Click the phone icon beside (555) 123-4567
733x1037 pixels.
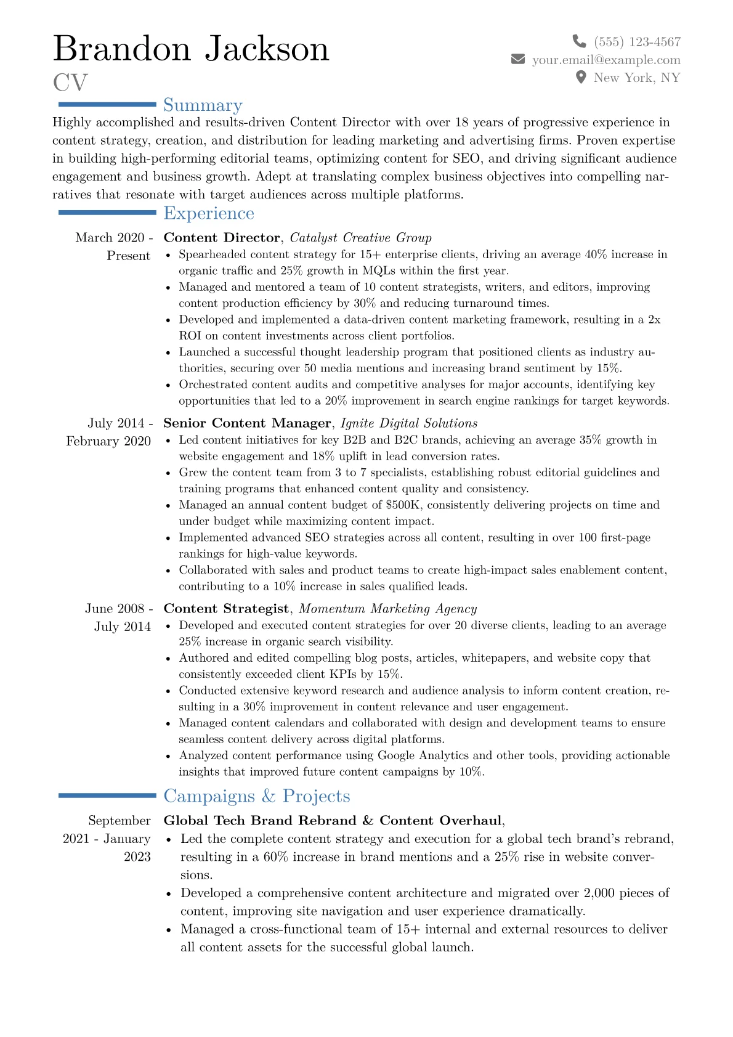click(579, 41)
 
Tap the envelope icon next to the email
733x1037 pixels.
click(518, 59)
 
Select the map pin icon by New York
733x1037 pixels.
click(580, 78)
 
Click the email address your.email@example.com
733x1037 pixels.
click(606, 60)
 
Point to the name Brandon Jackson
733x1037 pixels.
click(191, 49)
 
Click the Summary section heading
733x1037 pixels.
click(203, 105)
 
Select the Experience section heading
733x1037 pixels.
click(209, 213)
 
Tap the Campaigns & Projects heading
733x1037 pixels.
click(256, 796)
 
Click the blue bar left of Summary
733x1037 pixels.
click(107, 105)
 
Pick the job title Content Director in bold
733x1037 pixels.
click(222, 238)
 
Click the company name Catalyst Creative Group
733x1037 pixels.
click(360, 238)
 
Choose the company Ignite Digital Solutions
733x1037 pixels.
click(409, 423)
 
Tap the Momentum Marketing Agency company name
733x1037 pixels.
click(387, 609)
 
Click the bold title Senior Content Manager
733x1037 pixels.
click(247, 423)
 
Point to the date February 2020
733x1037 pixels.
click(108, 441)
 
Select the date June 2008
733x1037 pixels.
click(115, 609)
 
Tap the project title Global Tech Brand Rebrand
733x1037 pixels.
click(260, 821)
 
